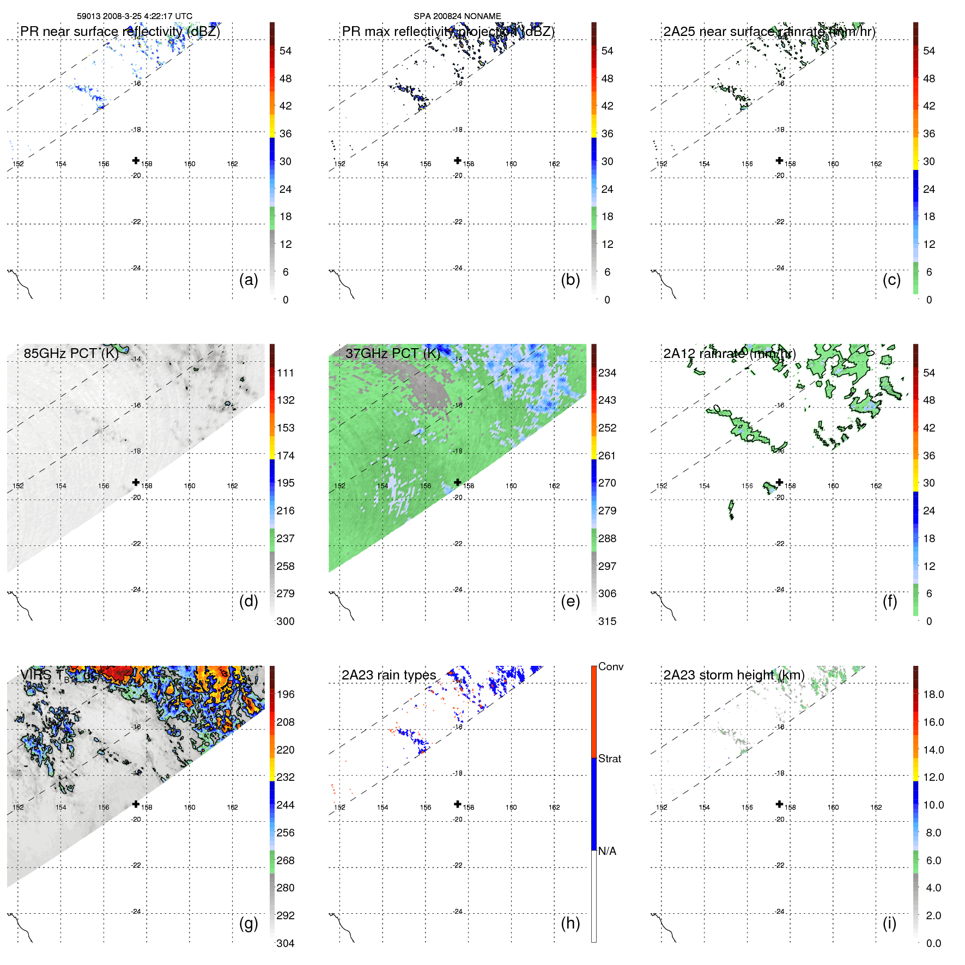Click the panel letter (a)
pyautogui.click(x=248, y=280)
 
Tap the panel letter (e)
pyautogui.click(x=570, y=602)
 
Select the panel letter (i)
pyautogui.click(x=889, y=923)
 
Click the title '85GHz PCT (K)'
pyautogui.click(x=71, y=353)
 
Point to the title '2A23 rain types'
pyautogui.click(x=389, y=675)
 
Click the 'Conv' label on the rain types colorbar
pyautogui.click(x=611, y=666)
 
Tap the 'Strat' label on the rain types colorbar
pyautogui.click(x=610, y=758)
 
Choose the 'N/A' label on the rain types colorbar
pyautogui.click(x=607, y=851)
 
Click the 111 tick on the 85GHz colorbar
pyautogui.click(x=286, y=373)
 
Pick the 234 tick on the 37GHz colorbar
pyautogui.click(x=607, y=373)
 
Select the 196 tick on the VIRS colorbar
pyautogui.click(x=286, y=694)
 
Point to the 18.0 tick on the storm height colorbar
pyautogui.click(x=933, y=694)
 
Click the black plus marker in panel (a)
pyautogui.click(x=136, y=160)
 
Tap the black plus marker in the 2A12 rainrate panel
pyautogui.click(x=779, y=482)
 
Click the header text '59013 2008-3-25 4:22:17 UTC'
pyautogui.click(x=135, y=16)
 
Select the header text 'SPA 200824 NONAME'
pyautogui.click(x=457, y=16)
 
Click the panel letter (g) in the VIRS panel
pyautogui.click(x=248, y=923)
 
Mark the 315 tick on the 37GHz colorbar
pyautogui.click(x=607, y=621)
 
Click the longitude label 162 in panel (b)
pyautogui.click(x=554, y=164)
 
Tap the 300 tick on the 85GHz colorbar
pyautogui.click(x=286, y=621)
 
